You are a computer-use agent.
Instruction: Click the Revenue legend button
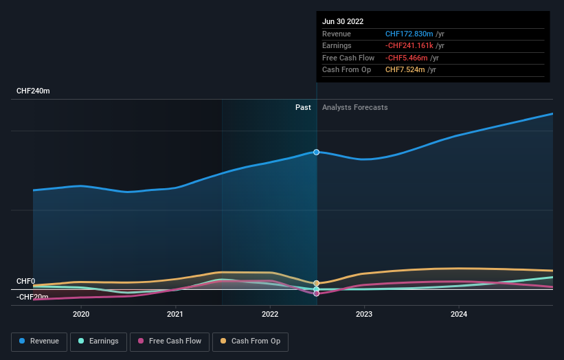coord(39,341)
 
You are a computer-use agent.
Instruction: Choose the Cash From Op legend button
coord(250,341)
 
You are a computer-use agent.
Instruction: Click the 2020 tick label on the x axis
coord(81,314)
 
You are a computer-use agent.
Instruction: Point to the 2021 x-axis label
coord(175,314)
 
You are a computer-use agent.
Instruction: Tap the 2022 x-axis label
coord(270,314)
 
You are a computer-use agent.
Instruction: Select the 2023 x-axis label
coord(364,314)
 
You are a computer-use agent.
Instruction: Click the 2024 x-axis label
coord(459,314)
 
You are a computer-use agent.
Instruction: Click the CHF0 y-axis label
coord(25,282)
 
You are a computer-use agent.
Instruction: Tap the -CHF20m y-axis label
coord(33,297)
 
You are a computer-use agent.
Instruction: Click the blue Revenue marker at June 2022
coord(317,152)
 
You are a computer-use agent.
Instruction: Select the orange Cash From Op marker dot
coord(317,283)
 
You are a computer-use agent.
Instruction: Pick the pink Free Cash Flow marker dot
coord(317,293)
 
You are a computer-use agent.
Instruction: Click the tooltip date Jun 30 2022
coord(343,21)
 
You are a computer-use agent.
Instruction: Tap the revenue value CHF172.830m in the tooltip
coord(409,34)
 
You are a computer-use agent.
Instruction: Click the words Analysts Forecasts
coord(354,108)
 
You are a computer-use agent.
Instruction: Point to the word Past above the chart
coord(303,108)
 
